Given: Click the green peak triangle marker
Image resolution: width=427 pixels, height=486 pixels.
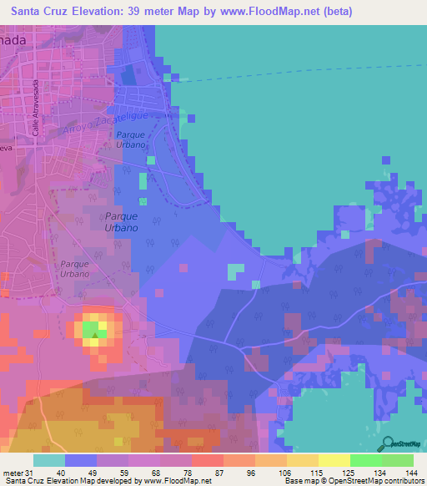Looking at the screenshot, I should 95,337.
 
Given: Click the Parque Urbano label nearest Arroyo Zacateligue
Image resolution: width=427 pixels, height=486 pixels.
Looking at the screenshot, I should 132,139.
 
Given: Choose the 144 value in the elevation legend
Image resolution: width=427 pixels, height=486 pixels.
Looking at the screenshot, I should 410,473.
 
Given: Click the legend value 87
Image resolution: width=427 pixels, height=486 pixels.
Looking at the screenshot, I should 221,473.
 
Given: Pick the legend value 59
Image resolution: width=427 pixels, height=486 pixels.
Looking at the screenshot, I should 126,473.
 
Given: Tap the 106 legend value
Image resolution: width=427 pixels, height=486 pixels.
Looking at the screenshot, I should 284,473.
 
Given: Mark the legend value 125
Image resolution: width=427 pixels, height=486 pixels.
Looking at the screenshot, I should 348,473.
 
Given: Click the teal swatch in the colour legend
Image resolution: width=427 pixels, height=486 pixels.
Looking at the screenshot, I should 48,460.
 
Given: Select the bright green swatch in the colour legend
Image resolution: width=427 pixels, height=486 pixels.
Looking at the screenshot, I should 365,460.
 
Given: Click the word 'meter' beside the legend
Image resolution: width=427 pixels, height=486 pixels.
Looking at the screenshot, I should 13,473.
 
